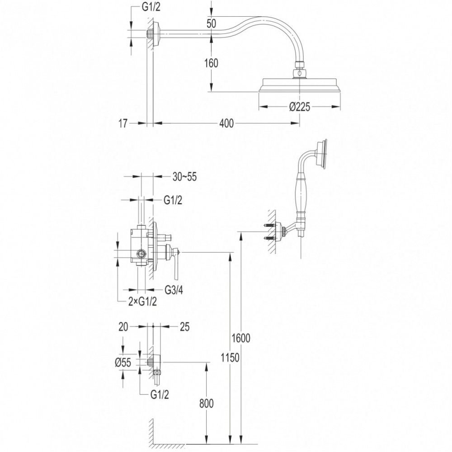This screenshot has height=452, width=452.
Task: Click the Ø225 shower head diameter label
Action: point(300,107)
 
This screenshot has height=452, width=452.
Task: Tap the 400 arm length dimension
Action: point(226,123)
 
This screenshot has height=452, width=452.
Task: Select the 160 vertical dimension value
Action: point(211,63)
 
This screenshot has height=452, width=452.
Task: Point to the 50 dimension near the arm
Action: point(211,24)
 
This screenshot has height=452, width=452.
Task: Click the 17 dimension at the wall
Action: point(122,124)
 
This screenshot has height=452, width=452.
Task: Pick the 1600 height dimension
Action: point(241,338)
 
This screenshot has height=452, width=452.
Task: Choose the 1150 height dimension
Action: point(230,358)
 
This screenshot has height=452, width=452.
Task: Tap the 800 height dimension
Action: point(207,404)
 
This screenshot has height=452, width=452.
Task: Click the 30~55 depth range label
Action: point(184,177)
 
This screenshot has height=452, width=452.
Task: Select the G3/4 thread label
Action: point(174,290)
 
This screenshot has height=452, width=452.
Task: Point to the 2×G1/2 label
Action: point(142,302)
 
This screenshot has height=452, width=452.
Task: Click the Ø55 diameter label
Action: point(123,363)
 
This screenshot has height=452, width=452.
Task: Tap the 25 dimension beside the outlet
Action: point(184,327)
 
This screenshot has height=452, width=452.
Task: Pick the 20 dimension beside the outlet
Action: point(123,327)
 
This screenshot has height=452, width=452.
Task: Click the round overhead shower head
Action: point(300,85)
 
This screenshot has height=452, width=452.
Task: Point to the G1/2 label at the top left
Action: point(151,7)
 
